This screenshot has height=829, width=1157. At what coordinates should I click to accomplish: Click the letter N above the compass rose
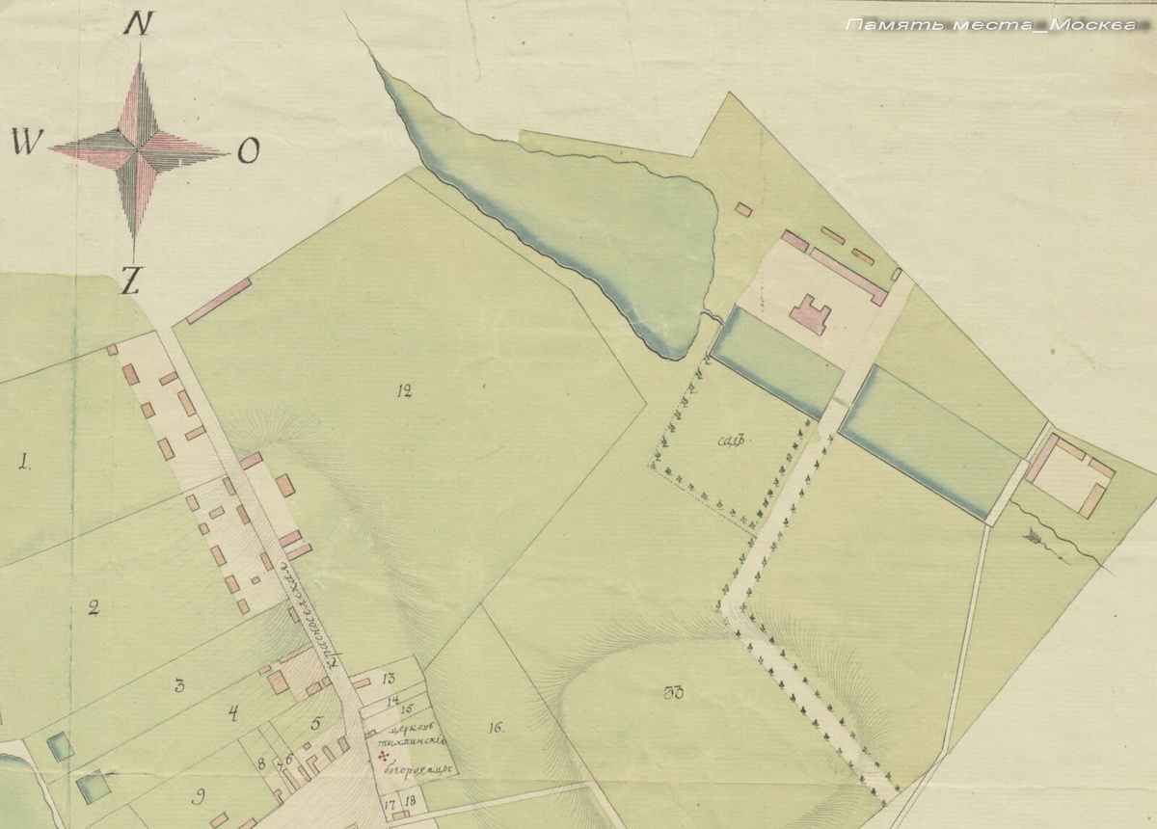[x=140, y=25]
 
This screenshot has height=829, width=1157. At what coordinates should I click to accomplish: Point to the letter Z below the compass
[x=131, y=280]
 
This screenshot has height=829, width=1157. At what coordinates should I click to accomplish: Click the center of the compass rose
[x=139, y=149]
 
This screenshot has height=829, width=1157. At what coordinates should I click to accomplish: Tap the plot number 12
[x=403, y=390]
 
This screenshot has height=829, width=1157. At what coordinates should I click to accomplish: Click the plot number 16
[x=496, y=728]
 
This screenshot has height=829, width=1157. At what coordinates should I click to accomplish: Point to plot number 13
[x=390, y=679]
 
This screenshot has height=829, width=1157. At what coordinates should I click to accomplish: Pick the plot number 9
[x=199, y=795]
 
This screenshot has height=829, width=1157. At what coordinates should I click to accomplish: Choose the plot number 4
[x=232, y=713]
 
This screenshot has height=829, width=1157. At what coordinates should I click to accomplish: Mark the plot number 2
[x=94, y=607]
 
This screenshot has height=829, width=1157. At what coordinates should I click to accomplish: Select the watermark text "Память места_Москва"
[x=991, y=25]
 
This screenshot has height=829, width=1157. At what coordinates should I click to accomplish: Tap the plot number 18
[x=410, y=802]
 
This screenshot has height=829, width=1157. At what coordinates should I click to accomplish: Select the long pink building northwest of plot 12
[x=219, y=301]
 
